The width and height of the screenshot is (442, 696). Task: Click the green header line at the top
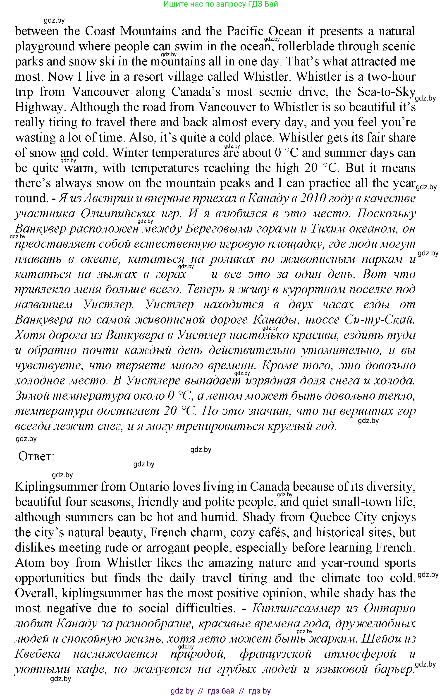click(220, 4)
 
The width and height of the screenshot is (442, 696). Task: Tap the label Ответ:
click(36, 456)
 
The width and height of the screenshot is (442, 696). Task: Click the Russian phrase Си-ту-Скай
click(380, 320)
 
